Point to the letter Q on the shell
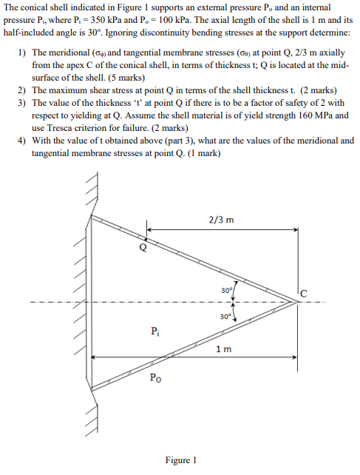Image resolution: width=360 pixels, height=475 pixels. click(x=143, y=247)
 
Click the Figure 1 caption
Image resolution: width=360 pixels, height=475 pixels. click(x=180, y=459)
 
